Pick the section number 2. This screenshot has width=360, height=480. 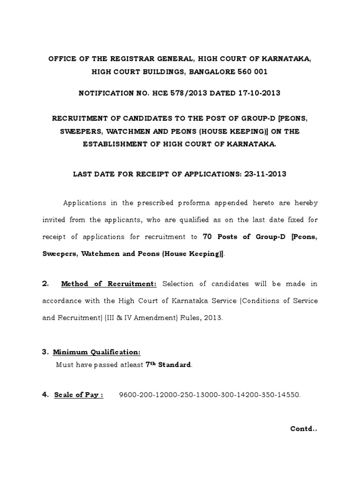point(45,284)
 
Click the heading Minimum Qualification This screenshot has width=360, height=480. point(97,352)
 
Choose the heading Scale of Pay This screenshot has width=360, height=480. point(78,395)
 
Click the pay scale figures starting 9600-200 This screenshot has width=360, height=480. point(210,395)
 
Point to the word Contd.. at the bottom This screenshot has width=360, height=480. point(304,428)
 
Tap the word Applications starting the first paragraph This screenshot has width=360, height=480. point(85,202)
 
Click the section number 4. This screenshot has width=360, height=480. point(45,395)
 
